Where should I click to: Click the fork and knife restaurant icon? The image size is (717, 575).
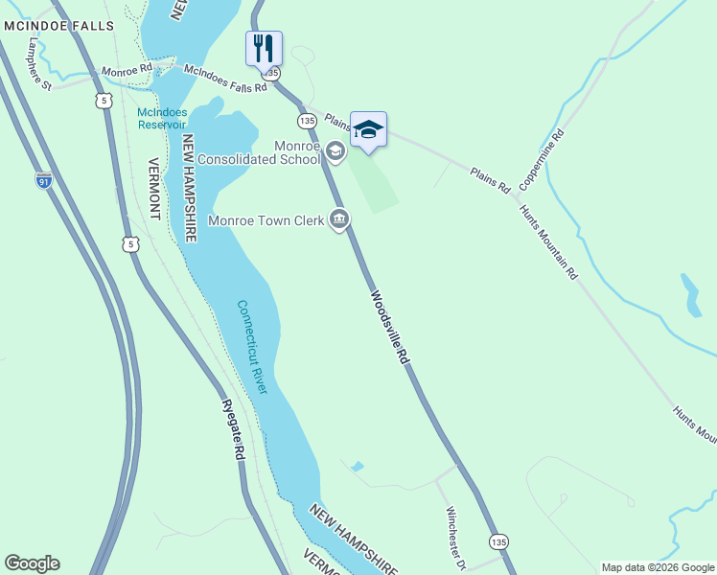[264, 47]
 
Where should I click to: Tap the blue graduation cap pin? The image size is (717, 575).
[368, 128]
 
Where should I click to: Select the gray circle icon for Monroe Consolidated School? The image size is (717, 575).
[335, 151]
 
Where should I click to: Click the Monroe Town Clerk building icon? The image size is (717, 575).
[338, 220]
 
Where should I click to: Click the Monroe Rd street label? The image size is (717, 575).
[127, 71]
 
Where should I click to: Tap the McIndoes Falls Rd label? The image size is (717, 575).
[224, 80]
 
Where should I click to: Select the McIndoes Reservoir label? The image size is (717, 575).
[161, 117]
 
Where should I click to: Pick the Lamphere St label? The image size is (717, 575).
[39, 65]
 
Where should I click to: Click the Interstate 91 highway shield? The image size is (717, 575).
[43, 180]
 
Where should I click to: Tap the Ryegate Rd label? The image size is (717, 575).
[232, 432]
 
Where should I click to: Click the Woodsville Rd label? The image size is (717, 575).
[390, 327]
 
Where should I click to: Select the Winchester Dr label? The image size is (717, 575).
[454, 538]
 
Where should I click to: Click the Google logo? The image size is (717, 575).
[32, 563]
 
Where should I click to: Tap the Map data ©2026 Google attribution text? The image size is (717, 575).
[657, 567]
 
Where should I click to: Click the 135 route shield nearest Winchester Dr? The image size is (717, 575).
[497, 542]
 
